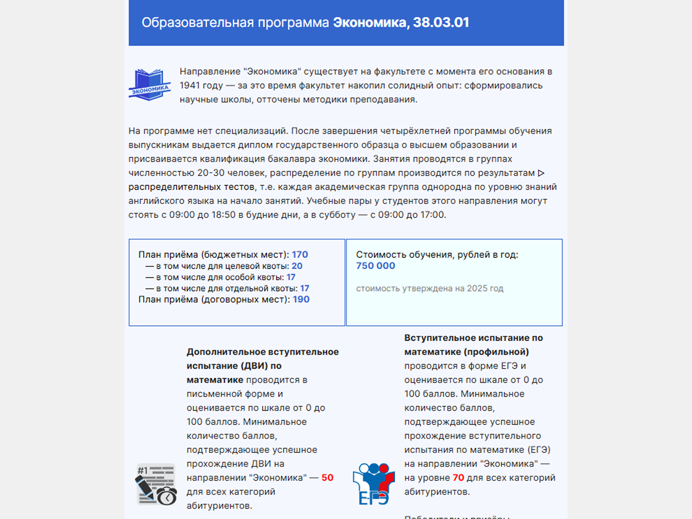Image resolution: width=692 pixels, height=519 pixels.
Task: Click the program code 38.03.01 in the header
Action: click(x=441, y=22)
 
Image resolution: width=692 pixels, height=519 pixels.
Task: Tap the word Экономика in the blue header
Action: click(x=369, y=22)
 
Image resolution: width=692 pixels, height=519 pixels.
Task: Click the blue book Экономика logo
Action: click(x=149, y=85)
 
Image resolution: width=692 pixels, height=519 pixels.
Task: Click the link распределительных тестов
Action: click(x=191, y=187)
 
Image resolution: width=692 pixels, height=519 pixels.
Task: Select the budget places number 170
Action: click(x=300, y=255)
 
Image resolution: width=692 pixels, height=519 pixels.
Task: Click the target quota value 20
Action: click(x=297, y=266)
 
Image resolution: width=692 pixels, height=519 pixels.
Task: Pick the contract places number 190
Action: click(x=301, y=299)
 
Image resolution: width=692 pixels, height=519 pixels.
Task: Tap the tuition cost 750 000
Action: click(x=375, y=266)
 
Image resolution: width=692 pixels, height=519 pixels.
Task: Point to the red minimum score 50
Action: click(x=327, y=478)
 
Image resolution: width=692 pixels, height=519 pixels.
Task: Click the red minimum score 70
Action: click(x=458, y=478)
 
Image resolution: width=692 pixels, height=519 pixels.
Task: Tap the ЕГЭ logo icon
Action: click(x=373, y=484)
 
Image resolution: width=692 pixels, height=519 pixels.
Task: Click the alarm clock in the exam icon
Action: click(x=167, y=496)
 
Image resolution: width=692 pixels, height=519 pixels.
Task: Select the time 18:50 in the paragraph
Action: click(x=223, y=215)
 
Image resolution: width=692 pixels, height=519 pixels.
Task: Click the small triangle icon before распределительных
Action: click(x=541, y=173)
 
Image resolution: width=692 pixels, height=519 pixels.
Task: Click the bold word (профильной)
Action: click(x=499, y=352)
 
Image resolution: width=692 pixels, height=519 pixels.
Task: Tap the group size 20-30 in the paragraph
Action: click(x=210, y=173)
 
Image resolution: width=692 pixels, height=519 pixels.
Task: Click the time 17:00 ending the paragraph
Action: click(x=432, y=215)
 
